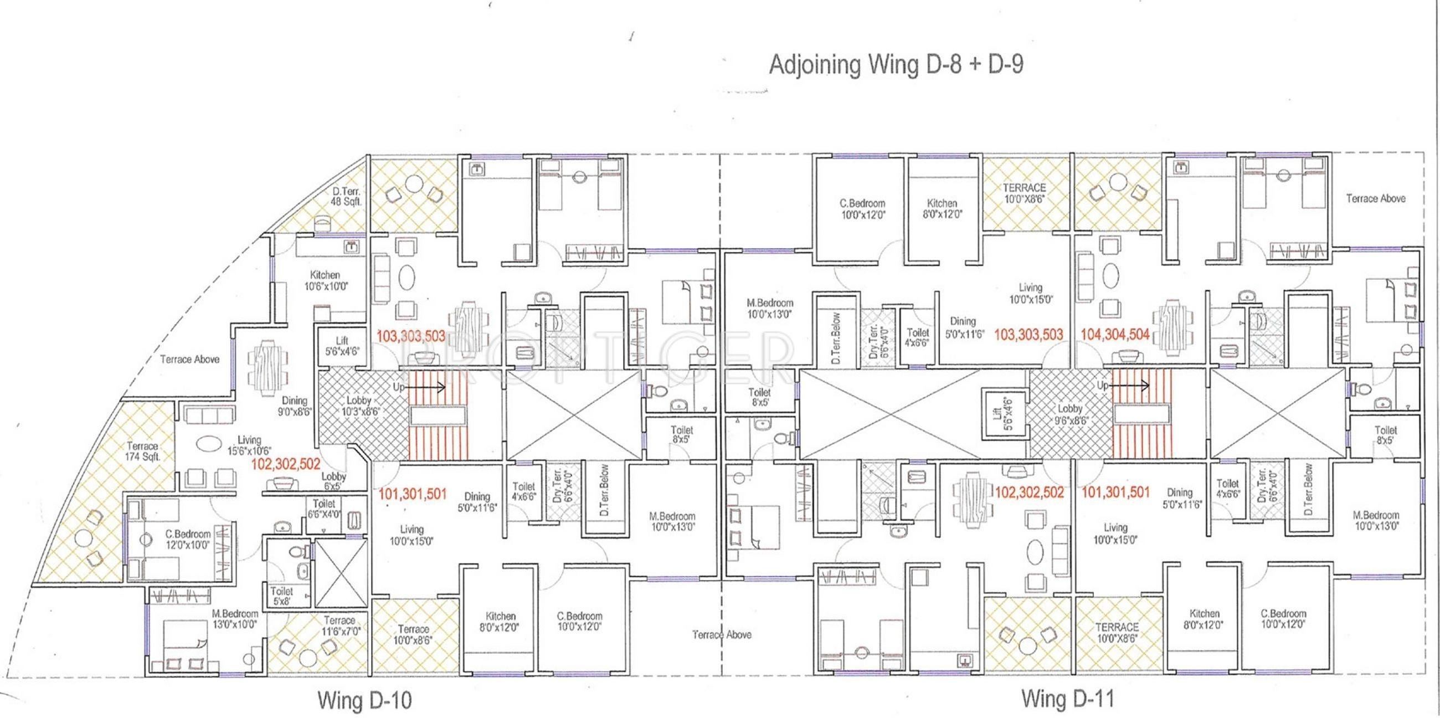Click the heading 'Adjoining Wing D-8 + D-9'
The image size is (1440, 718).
(x=896, y=65)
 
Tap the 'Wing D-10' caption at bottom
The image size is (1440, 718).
(x=364, y=700)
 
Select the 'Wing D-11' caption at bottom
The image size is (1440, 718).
(x=1068, y=699)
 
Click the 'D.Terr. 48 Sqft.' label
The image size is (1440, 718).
(x=346, y=197)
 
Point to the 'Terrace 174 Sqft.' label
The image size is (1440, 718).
(x=143, y=452)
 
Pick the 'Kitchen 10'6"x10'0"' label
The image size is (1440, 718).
(x=326, y=281)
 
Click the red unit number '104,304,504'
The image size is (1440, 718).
(x=1115, y=335)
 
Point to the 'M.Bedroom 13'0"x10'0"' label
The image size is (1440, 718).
(x=235, y=618)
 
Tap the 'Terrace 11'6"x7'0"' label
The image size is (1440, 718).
(x=340, y=625)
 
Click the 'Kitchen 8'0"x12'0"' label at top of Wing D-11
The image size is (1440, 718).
(x=943, y=208)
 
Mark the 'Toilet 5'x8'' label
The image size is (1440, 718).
(x=281, y=596)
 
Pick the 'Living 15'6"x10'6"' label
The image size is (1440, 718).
(x=249, y=445)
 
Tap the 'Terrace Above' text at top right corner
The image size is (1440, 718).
(x=1375, y=198)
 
